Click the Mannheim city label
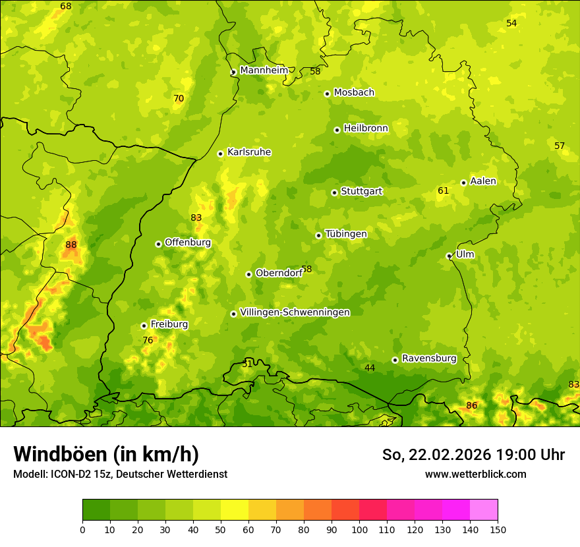(264, 70)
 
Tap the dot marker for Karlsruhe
(221, 154)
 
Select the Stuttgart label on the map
(361, 191)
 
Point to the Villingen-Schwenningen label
(295, 312)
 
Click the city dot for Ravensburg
(395, 360)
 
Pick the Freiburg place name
(169, 324)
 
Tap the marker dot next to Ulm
(449, 256)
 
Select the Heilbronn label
(366, 128)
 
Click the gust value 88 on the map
(71, 245)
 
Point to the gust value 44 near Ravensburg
(370, 368)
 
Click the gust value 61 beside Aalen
(443, 190)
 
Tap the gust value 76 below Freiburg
(148, 340)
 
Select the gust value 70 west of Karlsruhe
(179, 98)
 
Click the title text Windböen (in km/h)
(106, 454)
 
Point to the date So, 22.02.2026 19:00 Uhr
(473, 455)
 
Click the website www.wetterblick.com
(475, 474)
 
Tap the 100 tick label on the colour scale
(359, 529)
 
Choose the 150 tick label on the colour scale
(498, 529)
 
